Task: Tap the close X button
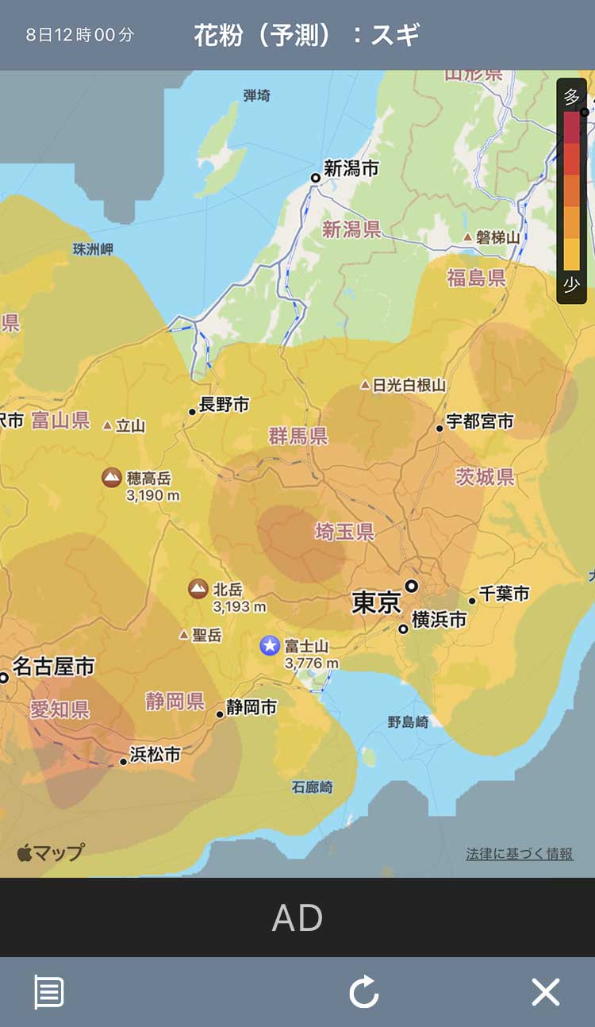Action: click(545, 992)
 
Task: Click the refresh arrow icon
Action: click(364, 992)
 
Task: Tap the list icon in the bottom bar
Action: click(48, 992)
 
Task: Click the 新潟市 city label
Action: click(351, 169)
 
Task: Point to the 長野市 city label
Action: click(224, 405)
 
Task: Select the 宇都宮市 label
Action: click(479, 421)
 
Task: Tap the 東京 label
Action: click(376, 603)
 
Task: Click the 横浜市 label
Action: click(439, 620)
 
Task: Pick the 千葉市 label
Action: click(504, 594)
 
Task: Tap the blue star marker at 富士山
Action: click(270, 645)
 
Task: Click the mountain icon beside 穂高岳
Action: click(112, 477)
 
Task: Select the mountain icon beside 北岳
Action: click(198, 589)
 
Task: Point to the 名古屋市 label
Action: click(54, 667)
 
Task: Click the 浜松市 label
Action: click(155, 754)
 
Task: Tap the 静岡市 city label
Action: click(251, 707)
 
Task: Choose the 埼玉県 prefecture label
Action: click(344, 532)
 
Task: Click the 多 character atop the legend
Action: click(571, 97)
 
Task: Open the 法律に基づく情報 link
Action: click(519, 854)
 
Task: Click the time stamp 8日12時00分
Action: click(79, 35)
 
